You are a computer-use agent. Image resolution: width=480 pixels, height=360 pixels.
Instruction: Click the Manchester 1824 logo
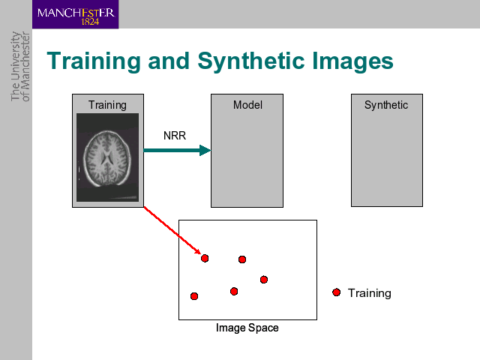(x=75, y=14)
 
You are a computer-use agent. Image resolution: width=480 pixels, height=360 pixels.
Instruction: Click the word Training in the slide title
(x=93, y=61)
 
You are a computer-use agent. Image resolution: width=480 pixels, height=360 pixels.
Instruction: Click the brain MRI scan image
(x=107, y=157)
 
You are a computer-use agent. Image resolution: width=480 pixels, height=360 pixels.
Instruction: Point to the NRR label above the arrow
(x=175, y=136)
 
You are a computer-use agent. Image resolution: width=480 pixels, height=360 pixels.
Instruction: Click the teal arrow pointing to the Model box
(x=177, y=150)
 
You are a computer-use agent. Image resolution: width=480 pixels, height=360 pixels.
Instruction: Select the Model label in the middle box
(x=247, y=105)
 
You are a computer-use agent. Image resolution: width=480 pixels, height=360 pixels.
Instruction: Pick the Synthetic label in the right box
(x=386, y=105)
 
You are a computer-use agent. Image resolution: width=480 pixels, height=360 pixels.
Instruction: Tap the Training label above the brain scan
(x=107, y=105)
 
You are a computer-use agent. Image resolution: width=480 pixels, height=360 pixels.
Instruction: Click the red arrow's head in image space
(x=198, y=252)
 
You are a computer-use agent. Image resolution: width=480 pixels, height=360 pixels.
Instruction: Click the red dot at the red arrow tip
(x=205, y=258)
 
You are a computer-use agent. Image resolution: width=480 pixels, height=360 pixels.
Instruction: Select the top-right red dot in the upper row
(x=242, y=259)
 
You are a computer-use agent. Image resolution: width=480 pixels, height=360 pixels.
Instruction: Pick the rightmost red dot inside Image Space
(x=264, y=280)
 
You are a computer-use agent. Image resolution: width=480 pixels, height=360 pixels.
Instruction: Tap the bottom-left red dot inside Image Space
(x=194, y=296)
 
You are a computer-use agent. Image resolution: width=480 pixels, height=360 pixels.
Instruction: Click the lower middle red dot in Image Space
(x=234, y=291)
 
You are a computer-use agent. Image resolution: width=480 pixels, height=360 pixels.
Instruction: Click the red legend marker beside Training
(x=337, y=292)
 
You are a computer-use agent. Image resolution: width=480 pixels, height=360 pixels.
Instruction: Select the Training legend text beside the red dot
(x=370, y=293)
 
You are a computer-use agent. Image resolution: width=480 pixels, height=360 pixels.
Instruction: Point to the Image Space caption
(x=247, y=328)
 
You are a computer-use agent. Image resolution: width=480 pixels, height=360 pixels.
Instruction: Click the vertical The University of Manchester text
(x=20, y=67)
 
